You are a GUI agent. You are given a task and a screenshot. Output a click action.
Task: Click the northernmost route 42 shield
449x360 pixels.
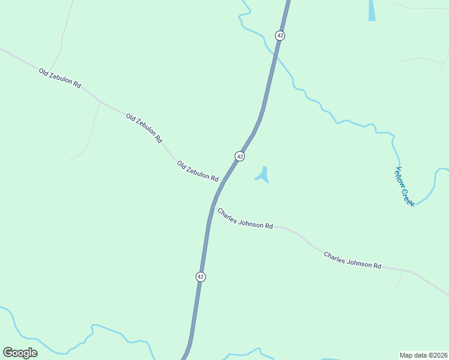(280, 35)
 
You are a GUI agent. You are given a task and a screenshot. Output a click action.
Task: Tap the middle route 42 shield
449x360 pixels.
(240, 156)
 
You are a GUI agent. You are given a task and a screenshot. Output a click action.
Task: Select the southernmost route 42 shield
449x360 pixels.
(200, 277)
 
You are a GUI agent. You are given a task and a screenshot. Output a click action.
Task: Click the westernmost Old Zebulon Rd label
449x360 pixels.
(60, 79)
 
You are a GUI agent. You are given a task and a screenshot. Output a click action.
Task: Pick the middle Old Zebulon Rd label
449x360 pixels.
(144, 128)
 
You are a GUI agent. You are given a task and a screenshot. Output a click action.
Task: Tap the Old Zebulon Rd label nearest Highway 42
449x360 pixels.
(197, 171)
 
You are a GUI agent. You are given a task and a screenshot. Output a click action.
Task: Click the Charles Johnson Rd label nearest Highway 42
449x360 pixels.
(245, 218)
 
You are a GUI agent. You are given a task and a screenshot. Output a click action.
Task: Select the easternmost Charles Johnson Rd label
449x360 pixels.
(352, 260)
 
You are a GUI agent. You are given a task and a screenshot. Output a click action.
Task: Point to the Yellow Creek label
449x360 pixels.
(405, 187)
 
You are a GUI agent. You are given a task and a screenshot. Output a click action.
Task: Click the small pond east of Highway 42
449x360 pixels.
(263, 175)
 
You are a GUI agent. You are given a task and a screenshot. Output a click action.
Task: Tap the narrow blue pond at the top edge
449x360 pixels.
(372, 10)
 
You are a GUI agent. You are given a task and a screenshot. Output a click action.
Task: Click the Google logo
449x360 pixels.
(20, 352)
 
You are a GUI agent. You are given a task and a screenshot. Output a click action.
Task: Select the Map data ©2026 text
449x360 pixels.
(423, 355)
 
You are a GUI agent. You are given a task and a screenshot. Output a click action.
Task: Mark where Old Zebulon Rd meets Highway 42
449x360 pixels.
(223, 181)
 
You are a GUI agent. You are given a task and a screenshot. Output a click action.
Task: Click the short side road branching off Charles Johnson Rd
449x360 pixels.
(399, 280)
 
